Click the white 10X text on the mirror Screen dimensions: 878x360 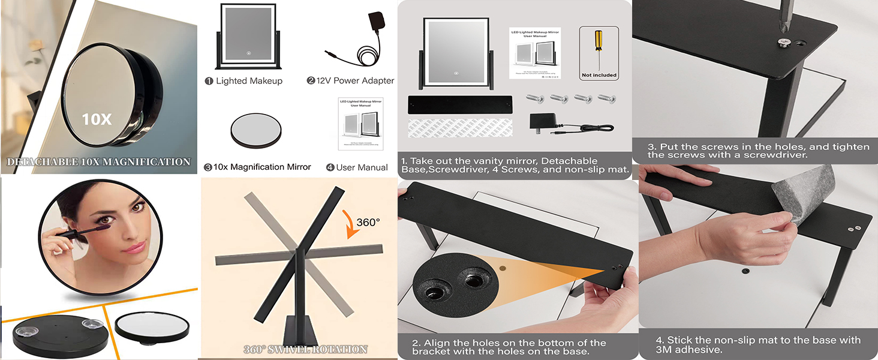pyautogui.click(x=97, y=119)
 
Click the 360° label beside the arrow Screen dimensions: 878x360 pyautogui.click(x=368, y=223)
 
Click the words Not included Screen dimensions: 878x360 pyautogui.click(x=599, y=76)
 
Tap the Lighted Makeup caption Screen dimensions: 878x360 pyautogui.click(x=248, y=80)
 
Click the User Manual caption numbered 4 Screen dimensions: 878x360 pyautogui.click(x=362, y=167)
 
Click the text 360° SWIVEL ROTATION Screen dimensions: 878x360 pyautogui.click(x=305, y=349)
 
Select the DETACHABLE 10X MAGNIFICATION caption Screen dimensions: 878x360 pyautogui.click(x=98, y=162)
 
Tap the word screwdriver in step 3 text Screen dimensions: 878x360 pyautogui.click(x=778, y=155)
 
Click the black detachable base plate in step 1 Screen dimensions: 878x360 pyautogui.click(x=460, y=104)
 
